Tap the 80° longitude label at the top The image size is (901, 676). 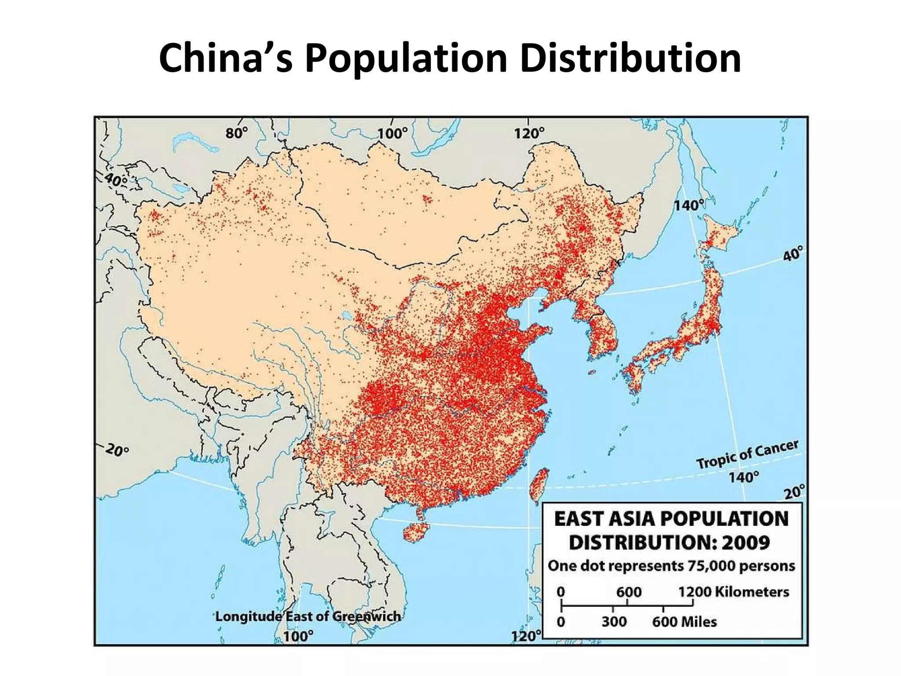coord(237,133)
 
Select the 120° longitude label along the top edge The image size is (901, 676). coord(529,133)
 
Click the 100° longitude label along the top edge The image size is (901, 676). coord(392,133)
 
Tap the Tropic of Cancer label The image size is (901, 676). coord(747,455)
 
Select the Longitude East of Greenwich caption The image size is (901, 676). coord(308,616)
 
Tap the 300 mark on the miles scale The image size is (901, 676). coord(614,622)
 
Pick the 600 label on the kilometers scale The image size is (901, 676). coord(628,591)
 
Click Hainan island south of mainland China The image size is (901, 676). coord(416,532)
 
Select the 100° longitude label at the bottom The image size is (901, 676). coord(298,636)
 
